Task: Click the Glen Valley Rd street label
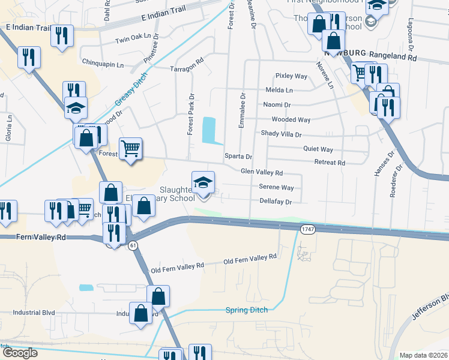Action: coord(262,172)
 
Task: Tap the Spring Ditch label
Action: coord(246,310)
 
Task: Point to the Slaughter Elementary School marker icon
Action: coord(203,182)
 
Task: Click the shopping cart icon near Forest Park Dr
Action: coord(130,148)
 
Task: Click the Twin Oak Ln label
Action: coord(132,37)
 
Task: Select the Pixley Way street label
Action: coord(291,76)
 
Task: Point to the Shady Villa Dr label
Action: coord(281,134)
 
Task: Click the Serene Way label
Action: coord(276,187)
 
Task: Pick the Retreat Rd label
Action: coord(330,163)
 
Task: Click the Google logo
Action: coord(20,353)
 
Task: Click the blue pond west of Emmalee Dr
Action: coord(209,130)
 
